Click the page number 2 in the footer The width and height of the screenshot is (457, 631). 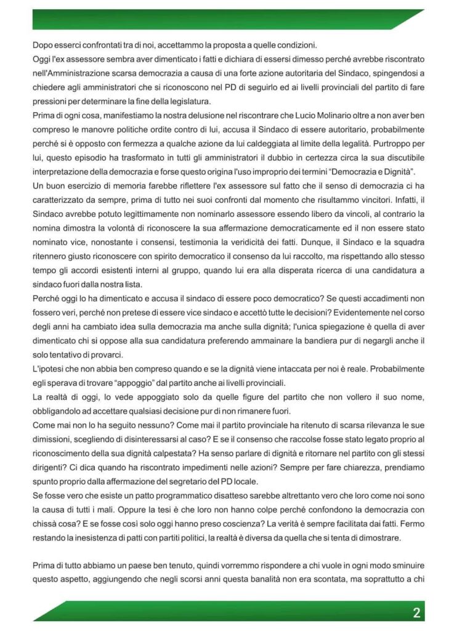(417, 613)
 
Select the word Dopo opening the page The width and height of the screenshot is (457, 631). (43, 44)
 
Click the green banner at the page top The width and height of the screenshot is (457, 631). (228, 18)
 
